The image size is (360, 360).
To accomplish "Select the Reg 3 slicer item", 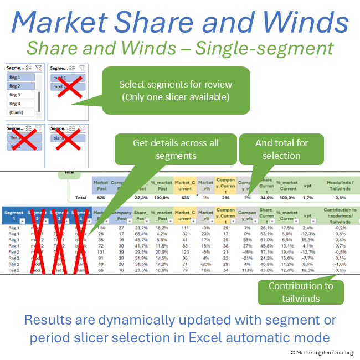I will click(x=16, y=95).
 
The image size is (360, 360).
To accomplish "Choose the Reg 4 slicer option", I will click(x=16, y=104).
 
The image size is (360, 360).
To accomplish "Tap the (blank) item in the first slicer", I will click(x=17, y=112).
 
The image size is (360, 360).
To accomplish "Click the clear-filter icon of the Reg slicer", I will click(x=39, y=68).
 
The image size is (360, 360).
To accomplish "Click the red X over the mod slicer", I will click(x=68, y=88).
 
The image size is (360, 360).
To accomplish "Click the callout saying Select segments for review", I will click(x=176, y=90).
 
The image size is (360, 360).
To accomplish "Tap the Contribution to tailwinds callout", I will click(x=301, y=292).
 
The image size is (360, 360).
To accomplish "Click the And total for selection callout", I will click(x=281, y=149).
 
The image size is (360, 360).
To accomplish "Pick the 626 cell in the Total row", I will click(x=100, y=197).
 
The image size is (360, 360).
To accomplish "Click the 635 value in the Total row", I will click(x=186, y=197).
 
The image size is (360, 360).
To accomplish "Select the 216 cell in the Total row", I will click(x=225, y=197).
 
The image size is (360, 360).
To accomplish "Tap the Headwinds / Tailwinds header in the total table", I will click(x=340, y=184).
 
